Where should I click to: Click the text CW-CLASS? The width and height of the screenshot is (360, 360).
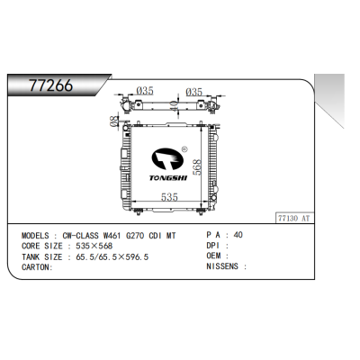pyautogui.click(x=89, y=236)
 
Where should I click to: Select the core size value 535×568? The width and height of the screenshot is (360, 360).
pyautogui.click(x=94, y=246)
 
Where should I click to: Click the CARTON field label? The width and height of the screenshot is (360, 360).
pyautogui.click(x=37, y=267)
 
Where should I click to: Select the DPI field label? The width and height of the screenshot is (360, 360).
pyautogui.click(x=213, y=246)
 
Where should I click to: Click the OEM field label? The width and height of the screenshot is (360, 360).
pyautogui.click(x=213, y=256)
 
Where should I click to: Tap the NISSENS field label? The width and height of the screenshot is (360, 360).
pyautogui.click(x=223, y=267)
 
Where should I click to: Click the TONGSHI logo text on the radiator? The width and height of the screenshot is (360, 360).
pyautogui.click(x=166, y=179)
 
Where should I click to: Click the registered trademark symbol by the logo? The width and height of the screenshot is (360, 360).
pyautogui.click(x=184, y=151)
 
